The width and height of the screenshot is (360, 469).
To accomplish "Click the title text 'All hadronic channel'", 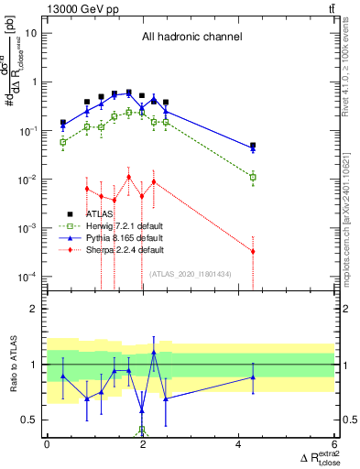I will point(191,38).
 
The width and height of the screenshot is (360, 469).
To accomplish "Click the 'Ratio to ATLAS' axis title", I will point(12,364).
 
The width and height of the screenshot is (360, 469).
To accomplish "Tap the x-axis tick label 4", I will point(238,445).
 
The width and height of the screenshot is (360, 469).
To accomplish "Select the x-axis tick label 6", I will point(334,445).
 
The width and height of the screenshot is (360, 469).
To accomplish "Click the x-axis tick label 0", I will point(47,445).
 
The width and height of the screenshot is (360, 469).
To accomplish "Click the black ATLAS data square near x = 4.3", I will point(253,146).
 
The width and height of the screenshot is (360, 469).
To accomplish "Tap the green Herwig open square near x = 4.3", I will point(253,177).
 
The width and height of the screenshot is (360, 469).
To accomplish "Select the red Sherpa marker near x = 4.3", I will point(253,251).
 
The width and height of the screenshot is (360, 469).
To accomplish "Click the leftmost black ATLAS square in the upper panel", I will point(63,122).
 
